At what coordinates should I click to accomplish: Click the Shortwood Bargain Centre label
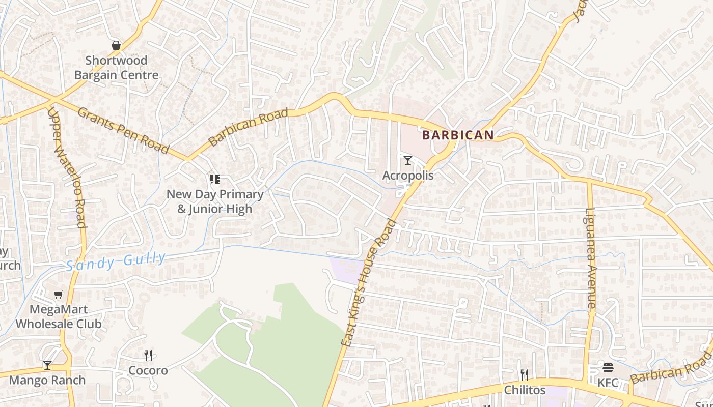pyautogui.click(x=116, y=68)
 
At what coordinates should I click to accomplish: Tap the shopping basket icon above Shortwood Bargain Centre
pyautogui.click(x=116, y=45)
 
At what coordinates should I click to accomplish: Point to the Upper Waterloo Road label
pyautogui.click(x=67, y=167)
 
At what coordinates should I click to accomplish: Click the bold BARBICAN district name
pyautogui.click(x=458, y=135)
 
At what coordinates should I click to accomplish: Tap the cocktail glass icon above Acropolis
pyautogui.click(x=408, y=161)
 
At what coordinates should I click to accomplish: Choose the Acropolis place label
pyautogui.click(x=408, y=176)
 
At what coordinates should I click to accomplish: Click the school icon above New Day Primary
pyautogui.click(x=214, y=179)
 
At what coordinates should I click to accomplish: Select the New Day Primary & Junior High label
pyautogui.click(x=215, y=201)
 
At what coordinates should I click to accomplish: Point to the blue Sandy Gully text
pyautogui.click(x=116, y=261)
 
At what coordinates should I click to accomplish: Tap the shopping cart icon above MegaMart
pyautogui.click(x=59, y=294)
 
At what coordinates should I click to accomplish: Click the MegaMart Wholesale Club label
pyautogui.click(x=59, y=316)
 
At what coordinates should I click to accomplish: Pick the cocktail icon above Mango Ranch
pyautogui.click(x=47, y=365)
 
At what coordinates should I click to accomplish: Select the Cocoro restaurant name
pyautogui.click(x=148, y=370)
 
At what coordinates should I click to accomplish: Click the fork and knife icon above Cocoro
pyautogui.click(x=148, y=355)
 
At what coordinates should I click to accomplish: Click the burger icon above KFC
pyautogui.click(x=608, y=368)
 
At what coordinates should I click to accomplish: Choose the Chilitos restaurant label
pyautogui.click(x=525, y=390)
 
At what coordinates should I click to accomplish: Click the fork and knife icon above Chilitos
pyautogui.click(x=525, y=375)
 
